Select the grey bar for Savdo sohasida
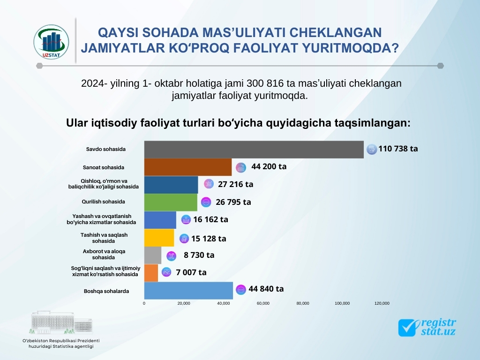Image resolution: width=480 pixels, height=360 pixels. (x=253, y=149)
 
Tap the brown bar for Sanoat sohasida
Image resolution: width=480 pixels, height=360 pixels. (x=187, y=167)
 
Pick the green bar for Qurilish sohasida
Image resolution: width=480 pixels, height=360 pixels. (x=171, y=202)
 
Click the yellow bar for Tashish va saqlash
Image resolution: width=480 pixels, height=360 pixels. (x=159, y=238)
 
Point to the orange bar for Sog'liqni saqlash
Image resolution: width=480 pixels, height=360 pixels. (x=151, y=272)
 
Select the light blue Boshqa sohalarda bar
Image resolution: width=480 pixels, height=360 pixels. (x=188, y=291)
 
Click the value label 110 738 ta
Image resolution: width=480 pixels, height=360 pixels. (x=398, y=149)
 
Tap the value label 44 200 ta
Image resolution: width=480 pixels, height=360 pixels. (x=269, y=166)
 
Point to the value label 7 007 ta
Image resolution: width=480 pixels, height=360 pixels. (x=191, y=272)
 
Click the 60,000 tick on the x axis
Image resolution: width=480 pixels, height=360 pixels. (x=263, y=303)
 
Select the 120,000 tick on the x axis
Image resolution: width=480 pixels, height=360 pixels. (x=382, y=303)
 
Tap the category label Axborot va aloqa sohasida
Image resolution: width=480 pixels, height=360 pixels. (x=104, y=254)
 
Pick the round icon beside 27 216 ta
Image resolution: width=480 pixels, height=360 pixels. (x=209, y=184)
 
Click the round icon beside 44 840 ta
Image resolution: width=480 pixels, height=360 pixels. (x=241, y=290)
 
